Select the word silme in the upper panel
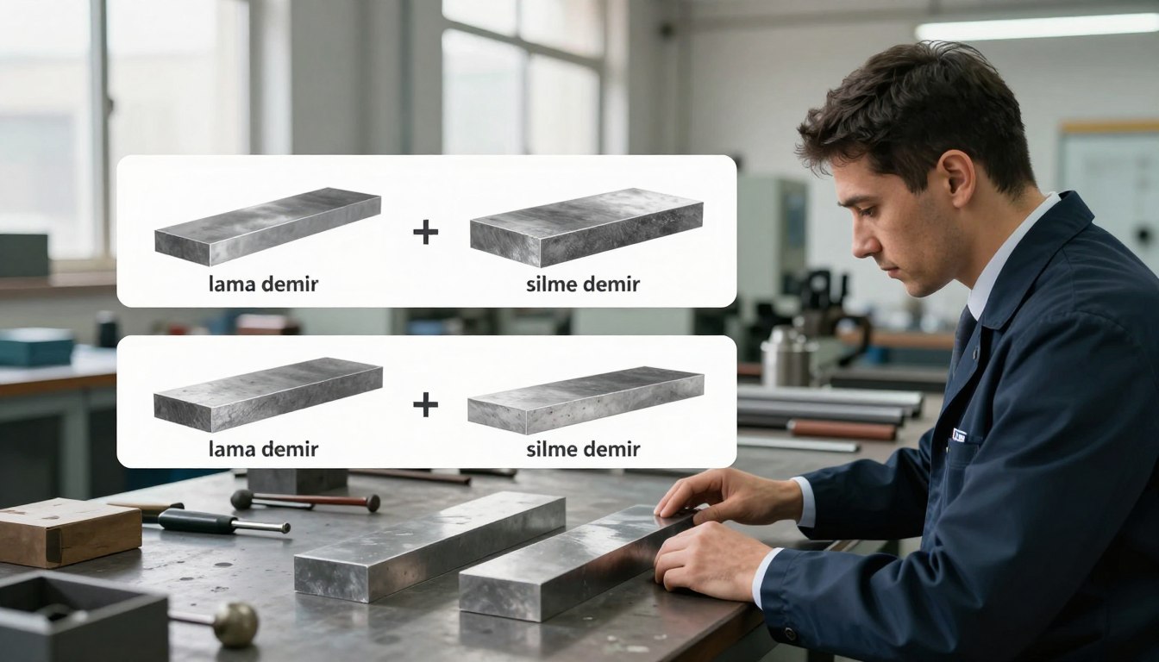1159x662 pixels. pos(550,284)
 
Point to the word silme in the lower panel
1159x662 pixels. pos(550,449)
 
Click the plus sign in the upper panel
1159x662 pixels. pos(425,232)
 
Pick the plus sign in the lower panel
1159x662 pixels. pos(425,404)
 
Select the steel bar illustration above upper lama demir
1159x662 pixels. pos(267,227)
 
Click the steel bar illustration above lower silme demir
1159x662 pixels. pos(586,400)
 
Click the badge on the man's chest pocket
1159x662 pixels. pos(959,435)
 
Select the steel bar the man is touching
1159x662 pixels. pos(577,562)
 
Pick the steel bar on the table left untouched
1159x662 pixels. pos(429,546)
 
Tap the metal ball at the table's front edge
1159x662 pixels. pos(236,624)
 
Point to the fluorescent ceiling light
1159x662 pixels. pos(1037,28)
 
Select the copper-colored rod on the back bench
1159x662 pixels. pos(843,430)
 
